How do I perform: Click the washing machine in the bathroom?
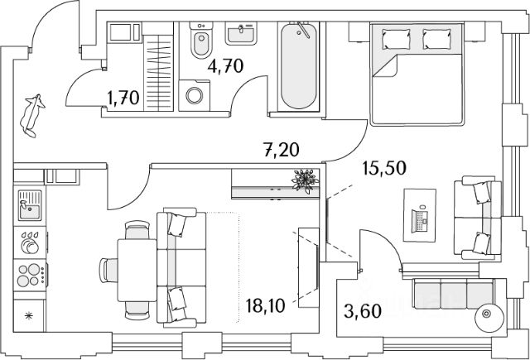195,94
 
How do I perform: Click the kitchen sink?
31,202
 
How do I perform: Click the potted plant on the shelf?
306,180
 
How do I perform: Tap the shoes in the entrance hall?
33,114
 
